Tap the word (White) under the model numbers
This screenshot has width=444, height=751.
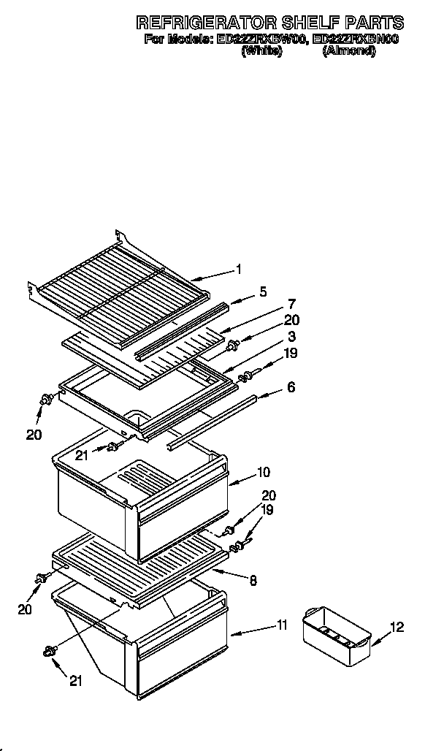(261, 51)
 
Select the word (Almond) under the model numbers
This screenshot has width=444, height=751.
(349, 51)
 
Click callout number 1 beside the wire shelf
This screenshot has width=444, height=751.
(239, 270)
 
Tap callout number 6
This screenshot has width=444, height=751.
(291, 388)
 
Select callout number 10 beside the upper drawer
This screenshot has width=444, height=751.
(263, 472)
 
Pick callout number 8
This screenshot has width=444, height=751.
(253, 582)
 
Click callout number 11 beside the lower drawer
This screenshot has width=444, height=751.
(283, 625)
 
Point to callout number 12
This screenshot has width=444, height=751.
(397, 627)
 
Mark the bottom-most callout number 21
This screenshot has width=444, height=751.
(74, 682)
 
